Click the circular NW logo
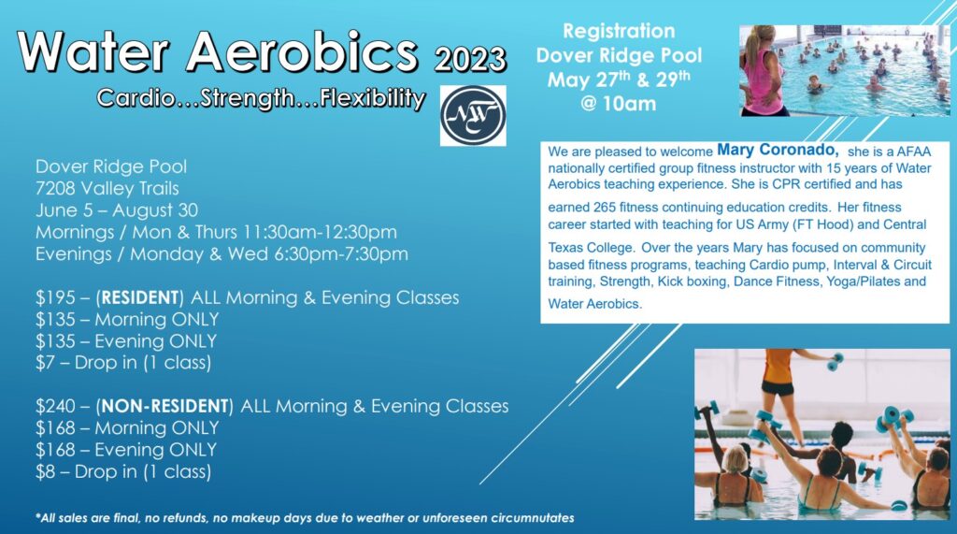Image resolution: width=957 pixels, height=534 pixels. tap(473, 116)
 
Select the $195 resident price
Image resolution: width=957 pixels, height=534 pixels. tap(54, 297)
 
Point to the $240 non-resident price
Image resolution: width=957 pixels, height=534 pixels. tap(54, 406)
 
